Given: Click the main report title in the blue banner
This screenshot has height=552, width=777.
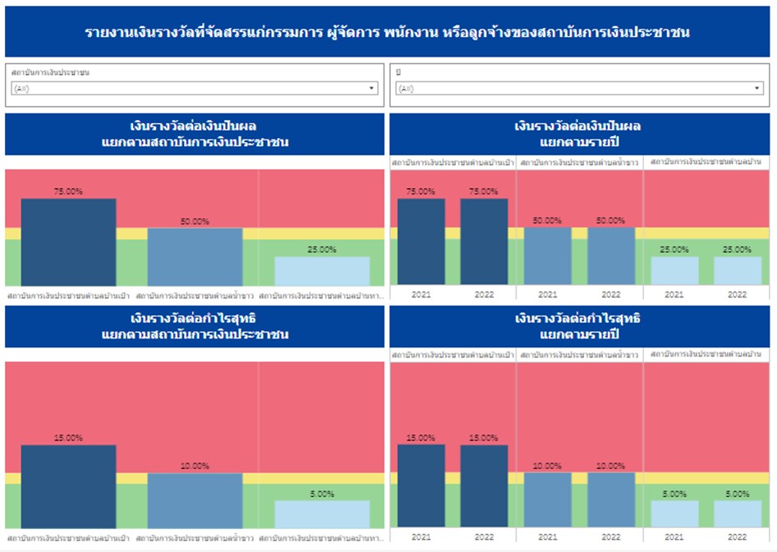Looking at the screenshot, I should pyautogui.click(x=388, y=33).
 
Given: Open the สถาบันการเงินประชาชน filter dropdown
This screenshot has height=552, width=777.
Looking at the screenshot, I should pyautogui.click(x=195, y=89).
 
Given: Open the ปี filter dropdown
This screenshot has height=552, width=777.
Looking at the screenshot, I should pyautogui.click(x=579, y=89).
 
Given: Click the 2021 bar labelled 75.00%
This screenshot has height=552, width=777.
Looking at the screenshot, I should pyautogui.click(x=421, y=242).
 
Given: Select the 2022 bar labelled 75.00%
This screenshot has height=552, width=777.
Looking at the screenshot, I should pyautogui.click(x=484, y=242).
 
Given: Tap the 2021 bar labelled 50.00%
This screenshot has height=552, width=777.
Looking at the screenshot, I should pyautogui.click(x=548, y=256).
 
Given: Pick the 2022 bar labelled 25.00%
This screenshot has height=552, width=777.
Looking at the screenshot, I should pyautogui.click(x=738, y=271).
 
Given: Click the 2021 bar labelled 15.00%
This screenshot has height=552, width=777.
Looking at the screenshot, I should pyautogui.click(x=421, y=485).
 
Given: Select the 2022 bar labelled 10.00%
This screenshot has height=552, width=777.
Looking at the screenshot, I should pyautogui.click(x=611, y=499).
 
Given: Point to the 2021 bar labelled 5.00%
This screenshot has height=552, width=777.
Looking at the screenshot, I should pyautogui.click(x=674, y=514).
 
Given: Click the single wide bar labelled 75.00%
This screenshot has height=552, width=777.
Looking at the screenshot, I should pyautogui.click(x=68, y=242).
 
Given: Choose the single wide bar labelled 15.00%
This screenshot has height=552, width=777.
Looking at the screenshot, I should pyautogui.click(x=68, y=485).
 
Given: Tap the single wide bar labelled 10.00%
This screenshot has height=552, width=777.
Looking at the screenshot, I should pyautogui.click(x=195, y=500).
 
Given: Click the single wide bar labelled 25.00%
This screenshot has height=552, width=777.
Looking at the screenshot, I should pyautogui.click(x=322, y=271).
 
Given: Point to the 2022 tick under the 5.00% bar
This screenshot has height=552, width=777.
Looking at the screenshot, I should pyautogui.click(x=738, y=537).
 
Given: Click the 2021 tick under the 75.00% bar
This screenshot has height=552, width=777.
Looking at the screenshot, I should pyautogui.click(x=421, y=294).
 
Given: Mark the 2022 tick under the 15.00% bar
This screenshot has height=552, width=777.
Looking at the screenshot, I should pyautogui.click(x=484, y=537).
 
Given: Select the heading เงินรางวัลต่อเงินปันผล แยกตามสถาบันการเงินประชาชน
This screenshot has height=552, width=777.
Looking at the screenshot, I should pyautogui.click(x=195, y=134).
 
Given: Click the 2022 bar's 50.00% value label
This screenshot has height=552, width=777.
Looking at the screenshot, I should pyautogui.click(x=611, y=221).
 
